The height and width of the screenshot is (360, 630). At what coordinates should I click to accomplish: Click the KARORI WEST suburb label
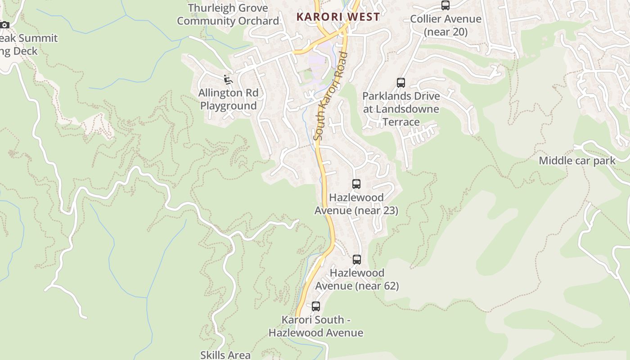coord(338,17)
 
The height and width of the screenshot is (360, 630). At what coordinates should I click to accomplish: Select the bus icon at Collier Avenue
coord(445,5)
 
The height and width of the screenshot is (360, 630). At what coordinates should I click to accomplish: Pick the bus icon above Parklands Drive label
coord(401,83)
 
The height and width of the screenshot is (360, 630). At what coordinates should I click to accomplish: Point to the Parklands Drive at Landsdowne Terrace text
coord(401,109)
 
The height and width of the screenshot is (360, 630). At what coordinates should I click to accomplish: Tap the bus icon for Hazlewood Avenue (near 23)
coord(356,184)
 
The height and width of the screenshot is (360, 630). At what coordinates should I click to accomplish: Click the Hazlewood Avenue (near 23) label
coord(356,204)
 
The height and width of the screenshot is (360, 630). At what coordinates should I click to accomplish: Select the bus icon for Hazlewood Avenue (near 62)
coord(357,260)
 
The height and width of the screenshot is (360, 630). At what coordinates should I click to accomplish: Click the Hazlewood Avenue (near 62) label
coord(356,279)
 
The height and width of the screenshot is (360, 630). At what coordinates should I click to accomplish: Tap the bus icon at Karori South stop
coord(316,306)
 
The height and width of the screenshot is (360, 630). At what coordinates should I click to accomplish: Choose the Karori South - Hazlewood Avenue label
coord(316,326)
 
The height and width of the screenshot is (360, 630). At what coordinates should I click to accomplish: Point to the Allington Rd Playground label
coord(229,99)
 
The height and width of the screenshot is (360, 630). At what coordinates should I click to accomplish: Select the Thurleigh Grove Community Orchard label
coord(228,14)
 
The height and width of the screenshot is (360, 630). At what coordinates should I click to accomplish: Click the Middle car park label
coord(577,161)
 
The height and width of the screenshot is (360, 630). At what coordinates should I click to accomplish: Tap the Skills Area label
coord(225,355)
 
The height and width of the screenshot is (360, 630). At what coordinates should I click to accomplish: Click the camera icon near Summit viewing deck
coord(4,25)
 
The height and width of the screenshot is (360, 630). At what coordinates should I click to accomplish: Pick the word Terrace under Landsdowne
coord(401,122)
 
